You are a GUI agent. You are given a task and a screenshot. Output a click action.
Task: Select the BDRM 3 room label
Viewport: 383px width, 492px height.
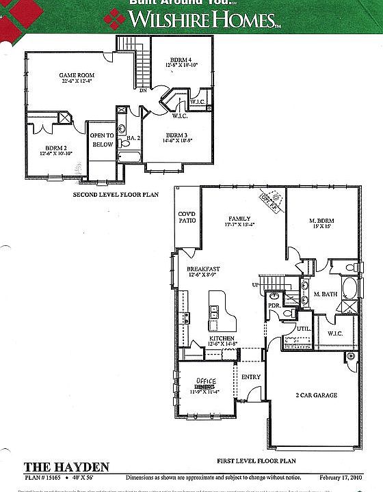(x=176, y=135)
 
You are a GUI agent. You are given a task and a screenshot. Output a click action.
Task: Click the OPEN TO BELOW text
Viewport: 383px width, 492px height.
(x=102, y=140)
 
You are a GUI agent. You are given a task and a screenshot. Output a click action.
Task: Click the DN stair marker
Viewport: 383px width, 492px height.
(x=143, y=90)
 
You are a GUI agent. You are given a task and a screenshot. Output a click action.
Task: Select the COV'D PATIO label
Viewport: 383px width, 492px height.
(x=187, y=217)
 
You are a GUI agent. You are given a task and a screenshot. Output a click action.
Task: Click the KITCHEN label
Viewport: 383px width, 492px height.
(x=222, y=338)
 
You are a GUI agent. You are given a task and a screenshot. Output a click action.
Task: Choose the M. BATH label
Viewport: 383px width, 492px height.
(x=326, y=294)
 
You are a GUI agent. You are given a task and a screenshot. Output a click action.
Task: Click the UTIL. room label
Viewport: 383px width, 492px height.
(x=304, y=329)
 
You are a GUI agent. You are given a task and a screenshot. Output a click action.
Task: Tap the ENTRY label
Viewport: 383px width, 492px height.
(x=251, y=376)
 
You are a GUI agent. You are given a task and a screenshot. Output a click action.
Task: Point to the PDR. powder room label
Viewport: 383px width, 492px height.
(x=274, y=305)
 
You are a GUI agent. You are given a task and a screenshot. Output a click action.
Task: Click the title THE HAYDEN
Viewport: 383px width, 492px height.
(x=67, y=467)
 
